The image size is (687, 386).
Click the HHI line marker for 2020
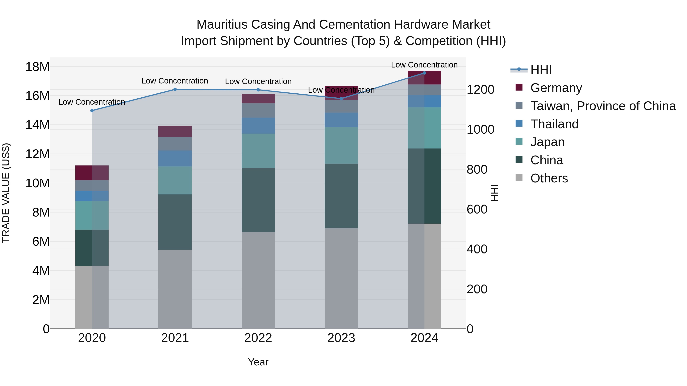(92, 111)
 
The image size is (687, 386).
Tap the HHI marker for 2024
(424, 73)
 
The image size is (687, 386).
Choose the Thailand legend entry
(554, 124)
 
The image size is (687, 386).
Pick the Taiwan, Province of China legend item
(603, 106)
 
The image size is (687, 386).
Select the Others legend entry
(549, 178)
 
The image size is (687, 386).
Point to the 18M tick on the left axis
(37, 67)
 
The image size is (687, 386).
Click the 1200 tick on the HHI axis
(480, 90)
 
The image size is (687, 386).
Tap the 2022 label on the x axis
(258, 338)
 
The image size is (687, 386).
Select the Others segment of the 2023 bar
(341, 278)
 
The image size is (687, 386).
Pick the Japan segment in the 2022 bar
(258, 151)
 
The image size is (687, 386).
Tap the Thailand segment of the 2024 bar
(424, 101)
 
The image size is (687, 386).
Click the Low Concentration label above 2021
(175, 81)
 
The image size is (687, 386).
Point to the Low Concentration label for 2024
(424, 65)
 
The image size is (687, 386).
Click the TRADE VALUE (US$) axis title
(6, 193)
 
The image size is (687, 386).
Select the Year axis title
(258, 362)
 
